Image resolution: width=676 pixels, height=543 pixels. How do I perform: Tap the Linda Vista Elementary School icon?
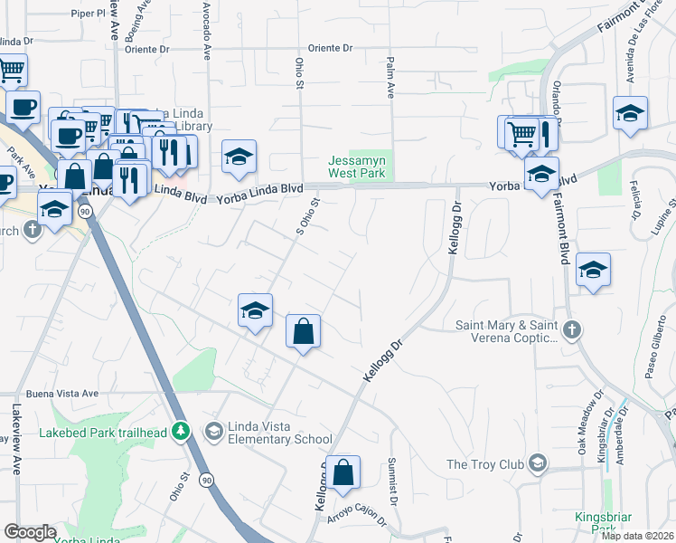pos(212,430)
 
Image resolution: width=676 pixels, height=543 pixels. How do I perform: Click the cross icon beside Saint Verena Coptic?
pos(570,330)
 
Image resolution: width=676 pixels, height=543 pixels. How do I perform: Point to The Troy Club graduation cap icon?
pos(538,464)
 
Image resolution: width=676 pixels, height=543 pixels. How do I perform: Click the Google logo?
pos(30,532)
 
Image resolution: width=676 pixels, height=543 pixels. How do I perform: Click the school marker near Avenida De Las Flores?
pos(630,113)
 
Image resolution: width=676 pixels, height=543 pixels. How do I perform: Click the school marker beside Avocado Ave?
pos(239,157)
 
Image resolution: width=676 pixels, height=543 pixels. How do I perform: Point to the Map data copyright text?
pos(637,536)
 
